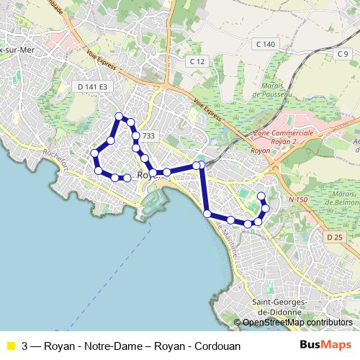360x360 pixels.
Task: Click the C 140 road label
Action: [265, 45]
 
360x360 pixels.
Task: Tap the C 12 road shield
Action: [198, 63]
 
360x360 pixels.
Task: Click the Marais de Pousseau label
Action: [273, 89]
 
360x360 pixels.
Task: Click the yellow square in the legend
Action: [10, 345]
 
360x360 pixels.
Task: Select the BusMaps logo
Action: [325, 345]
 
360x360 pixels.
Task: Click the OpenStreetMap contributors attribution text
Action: [297, 323]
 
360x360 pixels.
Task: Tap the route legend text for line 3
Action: [130, 345]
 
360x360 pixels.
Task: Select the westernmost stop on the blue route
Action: [94, 153]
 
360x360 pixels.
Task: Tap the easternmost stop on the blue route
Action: [265, 208]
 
